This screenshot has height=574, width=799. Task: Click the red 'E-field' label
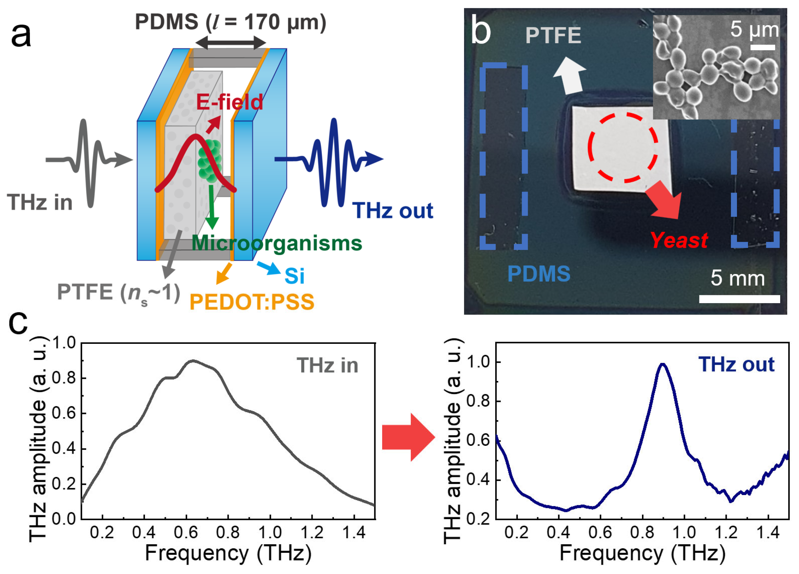click(x=229, y=102)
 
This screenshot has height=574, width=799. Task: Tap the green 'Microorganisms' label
click(x=277, y=243)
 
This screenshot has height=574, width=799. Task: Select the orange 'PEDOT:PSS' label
click(x=252, y=302)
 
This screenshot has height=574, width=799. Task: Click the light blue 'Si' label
click(x=294, y=276)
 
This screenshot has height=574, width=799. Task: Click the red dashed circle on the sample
click(x=623, y=147)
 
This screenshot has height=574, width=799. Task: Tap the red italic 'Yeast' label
click(x=679, y=240)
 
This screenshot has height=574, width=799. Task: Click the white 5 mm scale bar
click(x=739, y=299)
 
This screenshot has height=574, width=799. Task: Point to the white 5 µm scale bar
click(x=762, y=47)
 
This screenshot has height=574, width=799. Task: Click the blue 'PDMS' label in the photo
click(x=539, y=274)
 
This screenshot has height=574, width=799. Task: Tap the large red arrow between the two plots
click(x=408, y=437)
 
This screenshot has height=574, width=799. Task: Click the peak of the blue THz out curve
click(x=662, y=365)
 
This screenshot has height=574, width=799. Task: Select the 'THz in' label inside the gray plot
click(x=327, y=365)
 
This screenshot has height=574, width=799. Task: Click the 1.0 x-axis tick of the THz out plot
click(x=684, y=532)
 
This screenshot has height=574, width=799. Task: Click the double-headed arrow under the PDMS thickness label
click(x=230, y=43)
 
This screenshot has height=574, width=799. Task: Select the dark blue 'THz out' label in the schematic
click(x=392, y=211)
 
